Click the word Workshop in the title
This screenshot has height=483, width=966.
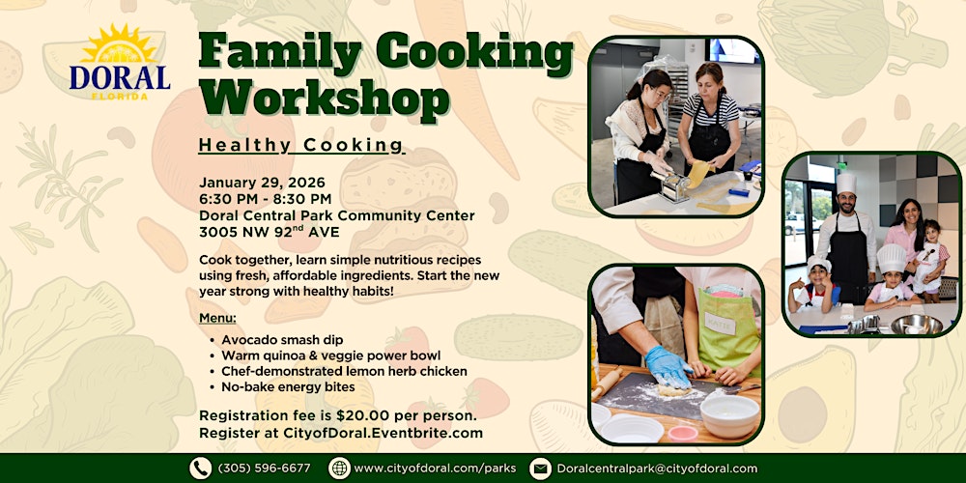[325, 99]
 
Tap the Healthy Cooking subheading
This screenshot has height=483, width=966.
[300, 145]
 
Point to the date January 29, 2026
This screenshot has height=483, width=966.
[262, 182]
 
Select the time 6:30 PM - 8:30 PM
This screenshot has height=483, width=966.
[265, 199]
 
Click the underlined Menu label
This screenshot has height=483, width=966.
[217, 318]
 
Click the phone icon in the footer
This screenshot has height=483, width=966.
[200, 469]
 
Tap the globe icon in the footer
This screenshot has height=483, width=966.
[339, 469]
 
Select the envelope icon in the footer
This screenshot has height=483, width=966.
[540, 469]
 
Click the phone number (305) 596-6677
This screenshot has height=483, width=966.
[264, 469]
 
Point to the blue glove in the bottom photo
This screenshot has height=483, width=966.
[667, 365]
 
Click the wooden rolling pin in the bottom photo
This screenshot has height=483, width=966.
[607, 382]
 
